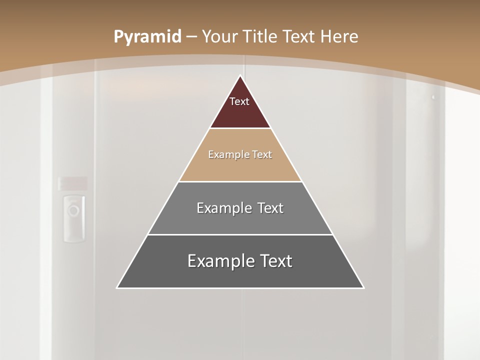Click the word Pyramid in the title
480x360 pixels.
pos(147,37)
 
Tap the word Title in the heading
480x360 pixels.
pos(261,37)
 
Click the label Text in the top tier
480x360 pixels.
pos(239,101)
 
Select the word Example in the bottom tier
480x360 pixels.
pos(219,261)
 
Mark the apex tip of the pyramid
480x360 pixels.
pos(240,76)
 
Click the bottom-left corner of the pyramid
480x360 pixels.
pos(117,287)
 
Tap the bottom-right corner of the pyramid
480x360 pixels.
pos(363,287)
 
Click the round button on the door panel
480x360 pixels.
pos(73,210)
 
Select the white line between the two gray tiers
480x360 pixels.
pos(240,234)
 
